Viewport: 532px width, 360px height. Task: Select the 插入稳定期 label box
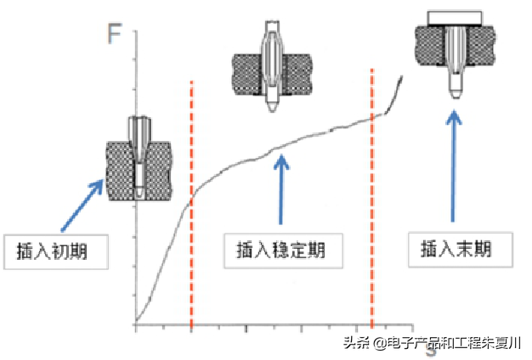[x=280, y=250]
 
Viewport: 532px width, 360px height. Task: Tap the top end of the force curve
[x=402, y=77]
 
